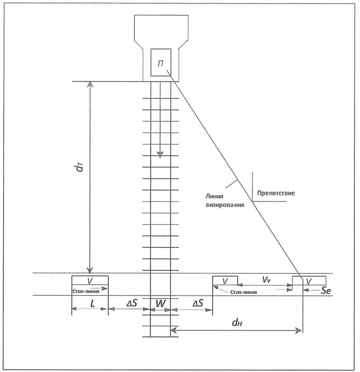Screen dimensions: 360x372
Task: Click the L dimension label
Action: coord(92,303)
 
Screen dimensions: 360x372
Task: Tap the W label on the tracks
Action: coord(161,303)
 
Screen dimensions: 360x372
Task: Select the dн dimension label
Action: coord(236,323)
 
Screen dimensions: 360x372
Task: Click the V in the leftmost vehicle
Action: coord(90,281)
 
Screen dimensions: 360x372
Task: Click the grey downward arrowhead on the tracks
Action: coord(160,155)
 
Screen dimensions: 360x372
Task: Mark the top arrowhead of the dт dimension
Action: coord(90,84)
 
